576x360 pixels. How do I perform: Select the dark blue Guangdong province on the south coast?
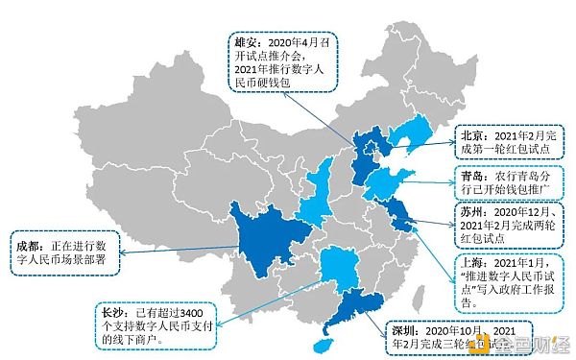click(x=359, y=303)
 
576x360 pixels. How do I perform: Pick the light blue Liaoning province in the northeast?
click(x=414, y=135)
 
